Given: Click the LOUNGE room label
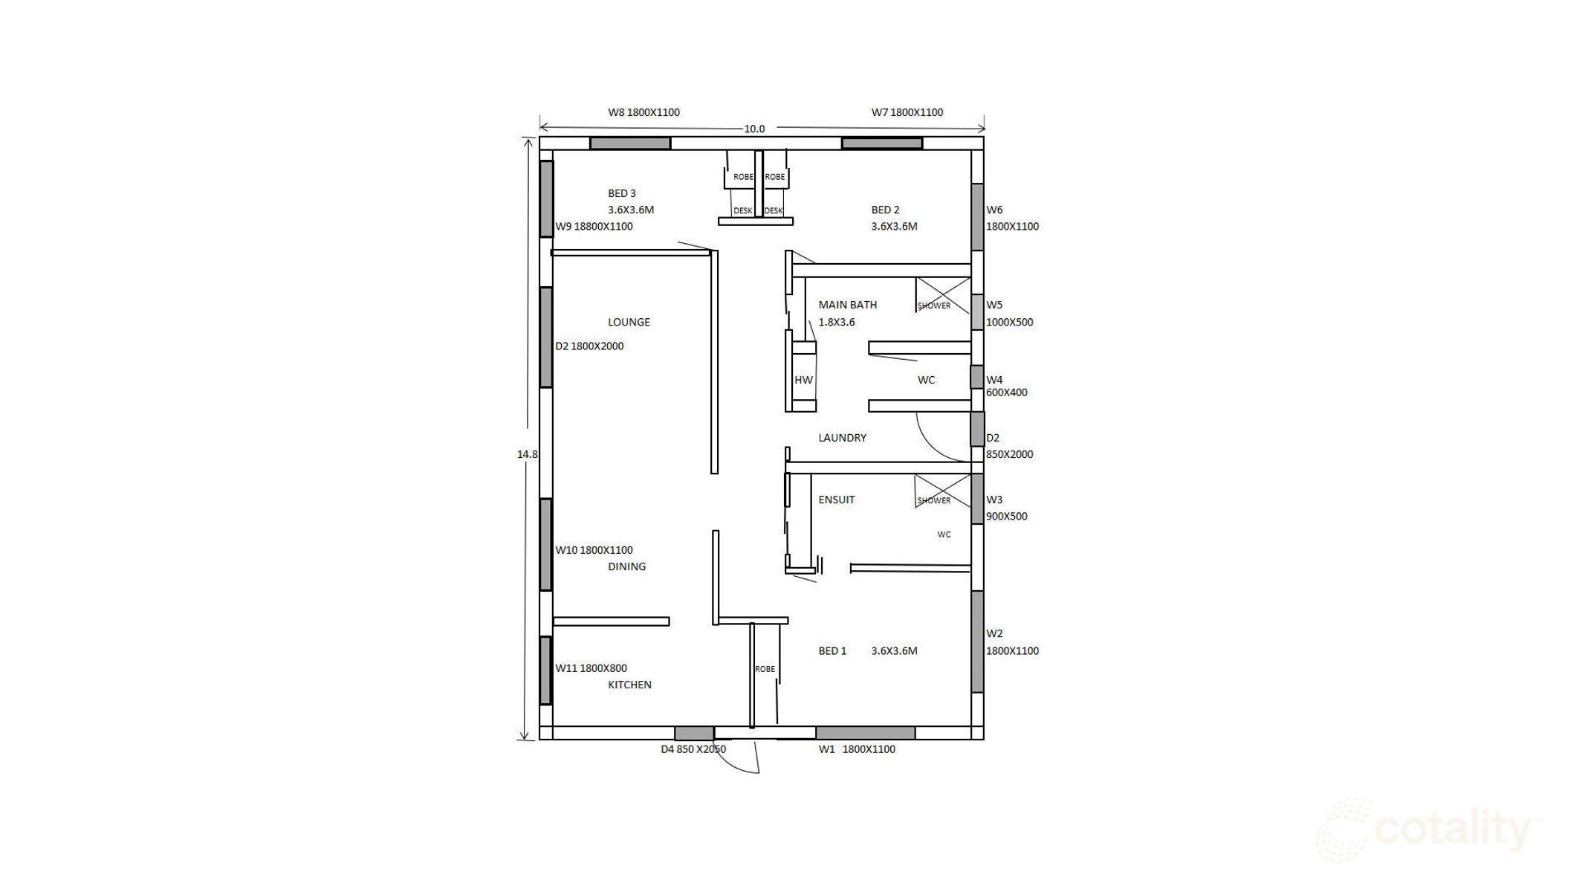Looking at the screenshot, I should coord(629,322).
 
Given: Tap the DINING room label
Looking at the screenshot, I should coord(626,566).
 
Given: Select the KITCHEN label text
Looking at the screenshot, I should coord(629,685).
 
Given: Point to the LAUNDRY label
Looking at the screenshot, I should coord(842,438).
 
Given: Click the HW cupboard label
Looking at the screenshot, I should coord(803,380).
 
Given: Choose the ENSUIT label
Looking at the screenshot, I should coord(836,500).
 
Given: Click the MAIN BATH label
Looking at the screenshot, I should coord(847,305).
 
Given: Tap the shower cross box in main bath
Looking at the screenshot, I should coord(942,294).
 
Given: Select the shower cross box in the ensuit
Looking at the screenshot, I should coord(942,491).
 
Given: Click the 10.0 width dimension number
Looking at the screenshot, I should coord(754,129).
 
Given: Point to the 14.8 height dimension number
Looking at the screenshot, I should coord(527,454).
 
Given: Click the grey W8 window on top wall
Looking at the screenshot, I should coord(630,143).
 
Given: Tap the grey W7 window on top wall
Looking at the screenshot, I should coord(881,143).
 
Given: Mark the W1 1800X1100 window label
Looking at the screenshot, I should coord(857,749).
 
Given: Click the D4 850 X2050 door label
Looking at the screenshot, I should coord(693,749).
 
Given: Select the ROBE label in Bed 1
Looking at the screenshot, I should coord(765,669).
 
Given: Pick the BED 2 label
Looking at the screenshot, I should coord(885,210).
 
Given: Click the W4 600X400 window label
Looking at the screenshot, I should coord(1006,387).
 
